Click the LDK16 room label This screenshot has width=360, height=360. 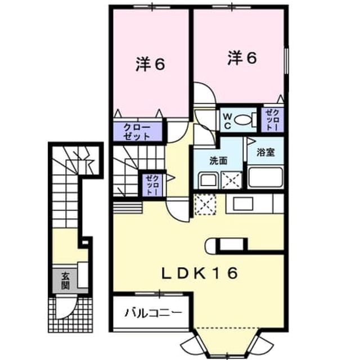tap(199, 273)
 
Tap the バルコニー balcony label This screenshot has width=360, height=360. tap(154, 313)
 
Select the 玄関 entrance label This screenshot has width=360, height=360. tap(65, 281)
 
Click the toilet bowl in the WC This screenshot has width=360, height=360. tap(243, 120)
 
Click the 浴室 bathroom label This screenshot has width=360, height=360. tap(265, 152)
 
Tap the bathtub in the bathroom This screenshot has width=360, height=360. tap(265, 178)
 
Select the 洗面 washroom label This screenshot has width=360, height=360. tap(218, 161)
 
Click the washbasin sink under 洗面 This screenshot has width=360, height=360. tap(208, 180)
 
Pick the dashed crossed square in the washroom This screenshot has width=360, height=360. tap(231, 180)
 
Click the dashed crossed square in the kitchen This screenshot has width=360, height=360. tap(205, 205)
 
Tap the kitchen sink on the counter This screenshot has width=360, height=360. tap(243, 204)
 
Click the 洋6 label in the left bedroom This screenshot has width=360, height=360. tap(150, 64)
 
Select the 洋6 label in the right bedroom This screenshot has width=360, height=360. tap(242, 57)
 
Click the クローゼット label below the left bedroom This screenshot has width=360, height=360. tap(137, 132)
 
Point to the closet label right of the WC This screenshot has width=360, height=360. tap(272, 120)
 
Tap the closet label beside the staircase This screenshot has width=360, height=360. tap(152, 185)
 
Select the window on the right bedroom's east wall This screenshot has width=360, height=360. tap(286, 61)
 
